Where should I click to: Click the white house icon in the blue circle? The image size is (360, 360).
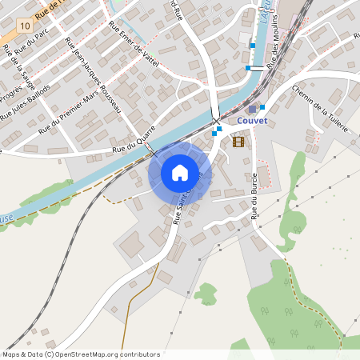tap(180, 173)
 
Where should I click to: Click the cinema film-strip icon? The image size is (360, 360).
tap(238, 142)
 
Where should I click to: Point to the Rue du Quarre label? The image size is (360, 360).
tap(134, 145)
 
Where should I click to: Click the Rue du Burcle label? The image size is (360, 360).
tap(255, 195)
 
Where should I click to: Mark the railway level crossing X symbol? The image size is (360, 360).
tap(216, 121)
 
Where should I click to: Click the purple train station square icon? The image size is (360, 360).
tap(253, 109)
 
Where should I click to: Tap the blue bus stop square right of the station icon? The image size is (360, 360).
tap(262, 106)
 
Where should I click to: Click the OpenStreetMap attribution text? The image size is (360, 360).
tap(81, 354)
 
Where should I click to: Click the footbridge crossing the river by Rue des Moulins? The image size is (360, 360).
tap(258, 67)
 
